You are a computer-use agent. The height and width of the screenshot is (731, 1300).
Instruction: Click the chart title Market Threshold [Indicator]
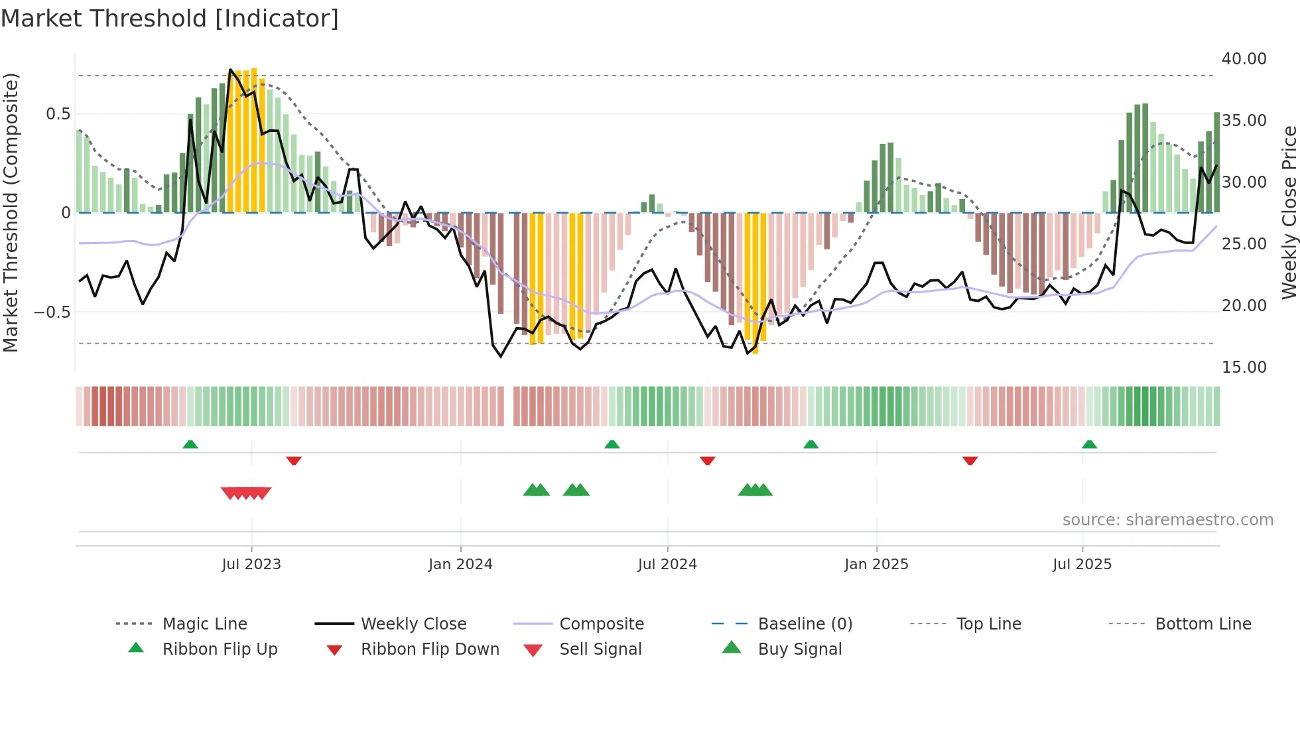[x=170, y=19]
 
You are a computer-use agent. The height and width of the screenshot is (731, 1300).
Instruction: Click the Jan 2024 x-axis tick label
[x=460, y=565]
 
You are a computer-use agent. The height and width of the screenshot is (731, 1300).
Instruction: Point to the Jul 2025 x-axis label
[x=1082, y=565]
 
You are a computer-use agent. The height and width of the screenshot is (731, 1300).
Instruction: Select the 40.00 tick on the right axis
[x=1244, y=59]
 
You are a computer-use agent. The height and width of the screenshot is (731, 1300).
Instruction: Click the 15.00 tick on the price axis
[x=1244, y=367]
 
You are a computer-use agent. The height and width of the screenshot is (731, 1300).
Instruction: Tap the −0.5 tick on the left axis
[x=52, y=312]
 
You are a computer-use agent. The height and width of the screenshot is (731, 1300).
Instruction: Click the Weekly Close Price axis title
[x=1289, y=212]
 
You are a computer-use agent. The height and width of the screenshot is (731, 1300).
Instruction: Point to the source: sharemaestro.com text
[x=1167, y=520]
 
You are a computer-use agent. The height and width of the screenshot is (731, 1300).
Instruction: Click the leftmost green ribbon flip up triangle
[x=190, y=444]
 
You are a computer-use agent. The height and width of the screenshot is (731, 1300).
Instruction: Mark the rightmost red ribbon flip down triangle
[x=970, y=460]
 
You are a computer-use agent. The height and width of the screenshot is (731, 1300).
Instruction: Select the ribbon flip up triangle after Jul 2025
[x=1089, y=444]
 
